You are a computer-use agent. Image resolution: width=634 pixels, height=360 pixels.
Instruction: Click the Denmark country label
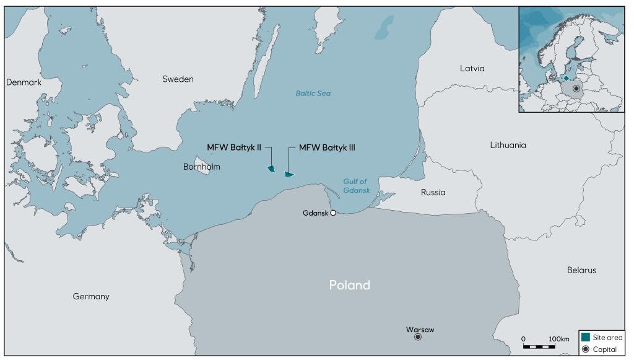(24, 82)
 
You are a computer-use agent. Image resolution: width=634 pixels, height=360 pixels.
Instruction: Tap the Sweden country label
(178, 79)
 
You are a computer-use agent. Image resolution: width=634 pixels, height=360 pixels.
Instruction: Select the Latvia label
(472, 68)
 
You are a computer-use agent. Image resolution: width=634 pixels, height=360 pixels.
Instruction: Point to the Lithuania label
(508, 145)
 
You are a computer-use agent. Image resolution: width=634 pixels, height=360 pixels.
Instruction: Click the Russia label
(433, 192)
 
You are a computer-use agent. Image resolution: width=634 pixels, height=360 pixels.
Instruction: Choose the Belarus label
(581, 270)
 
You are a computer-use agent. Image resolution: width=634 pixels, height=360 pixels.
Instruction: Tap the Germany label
(91, 296)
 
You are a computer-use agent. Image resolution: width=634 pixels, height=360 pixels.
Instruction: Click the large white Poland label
(349, 285)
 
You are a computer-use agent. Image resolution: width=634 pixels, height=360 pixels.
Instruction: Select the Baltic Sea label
(313, 94)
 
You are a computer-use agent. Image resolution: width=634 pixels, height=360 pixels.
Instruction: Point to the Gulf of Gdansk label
(356, 186)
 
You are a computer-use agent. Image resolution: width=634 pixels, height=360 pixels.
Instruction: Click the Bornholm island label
(202, 167)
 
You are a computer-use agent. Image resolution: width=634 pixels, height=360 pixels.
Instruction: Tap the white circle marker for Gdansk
(333, 213)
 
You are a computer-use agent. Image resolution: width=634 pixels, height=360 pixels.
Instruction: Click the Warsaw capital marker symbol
(418, 337)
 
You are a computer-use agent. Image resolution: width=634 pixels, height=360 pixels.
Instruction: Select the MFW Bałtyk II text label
(234, 147)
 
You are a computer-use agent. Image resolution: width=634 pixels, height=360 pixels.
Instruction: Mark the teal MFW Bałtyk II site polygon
(271, 169)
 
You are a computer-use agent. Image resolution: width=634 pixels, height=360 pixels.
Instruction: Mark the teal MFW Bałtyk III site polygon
(289, 174)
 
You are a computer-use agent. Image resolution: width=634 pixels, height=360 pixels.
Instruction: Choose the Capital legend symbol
(586, 349)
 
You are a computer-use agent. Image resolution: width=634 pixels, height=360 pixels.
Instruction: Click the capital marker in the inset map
(576, 89)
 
